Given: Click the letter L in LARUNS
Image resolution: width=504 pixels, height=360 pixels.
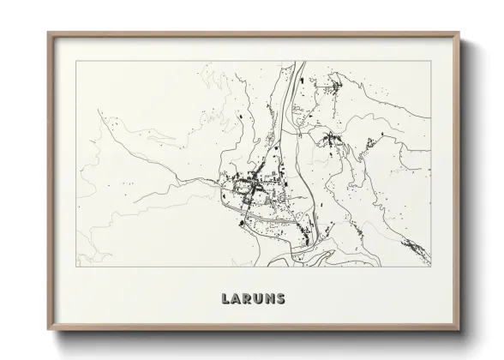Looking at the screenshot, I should click(x=226, y=299).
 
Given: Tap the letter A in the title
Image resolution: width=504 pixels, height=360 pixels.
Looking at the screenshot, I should click(x=237, y=299).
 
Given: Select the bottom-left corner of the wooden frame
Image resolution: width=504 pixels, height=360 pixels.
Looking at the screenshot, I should click(x=48, y=330).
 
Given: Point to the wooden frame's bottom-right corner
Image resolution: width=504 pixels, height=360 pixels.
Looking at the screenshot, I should click(x=459, y=330).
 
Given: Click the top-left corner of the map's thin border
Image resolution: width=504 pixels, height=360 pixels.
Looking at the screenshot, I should click(x=76, y=61).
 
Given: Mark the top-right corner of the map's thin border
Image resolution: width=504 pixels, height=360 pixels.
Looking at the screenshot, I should click(x=431, y=61).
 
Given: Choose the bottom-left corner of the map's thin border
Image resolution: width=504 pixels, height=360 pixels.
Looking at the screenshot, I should click(x=76, y=267).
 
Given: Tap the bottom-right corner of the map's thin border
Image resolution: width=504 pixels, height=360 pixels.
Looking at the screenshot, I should click(x=431, y=267).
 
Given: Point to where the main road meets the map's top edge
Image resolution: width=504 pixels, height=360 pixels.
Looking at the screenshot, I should click(x=297, y=62).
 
